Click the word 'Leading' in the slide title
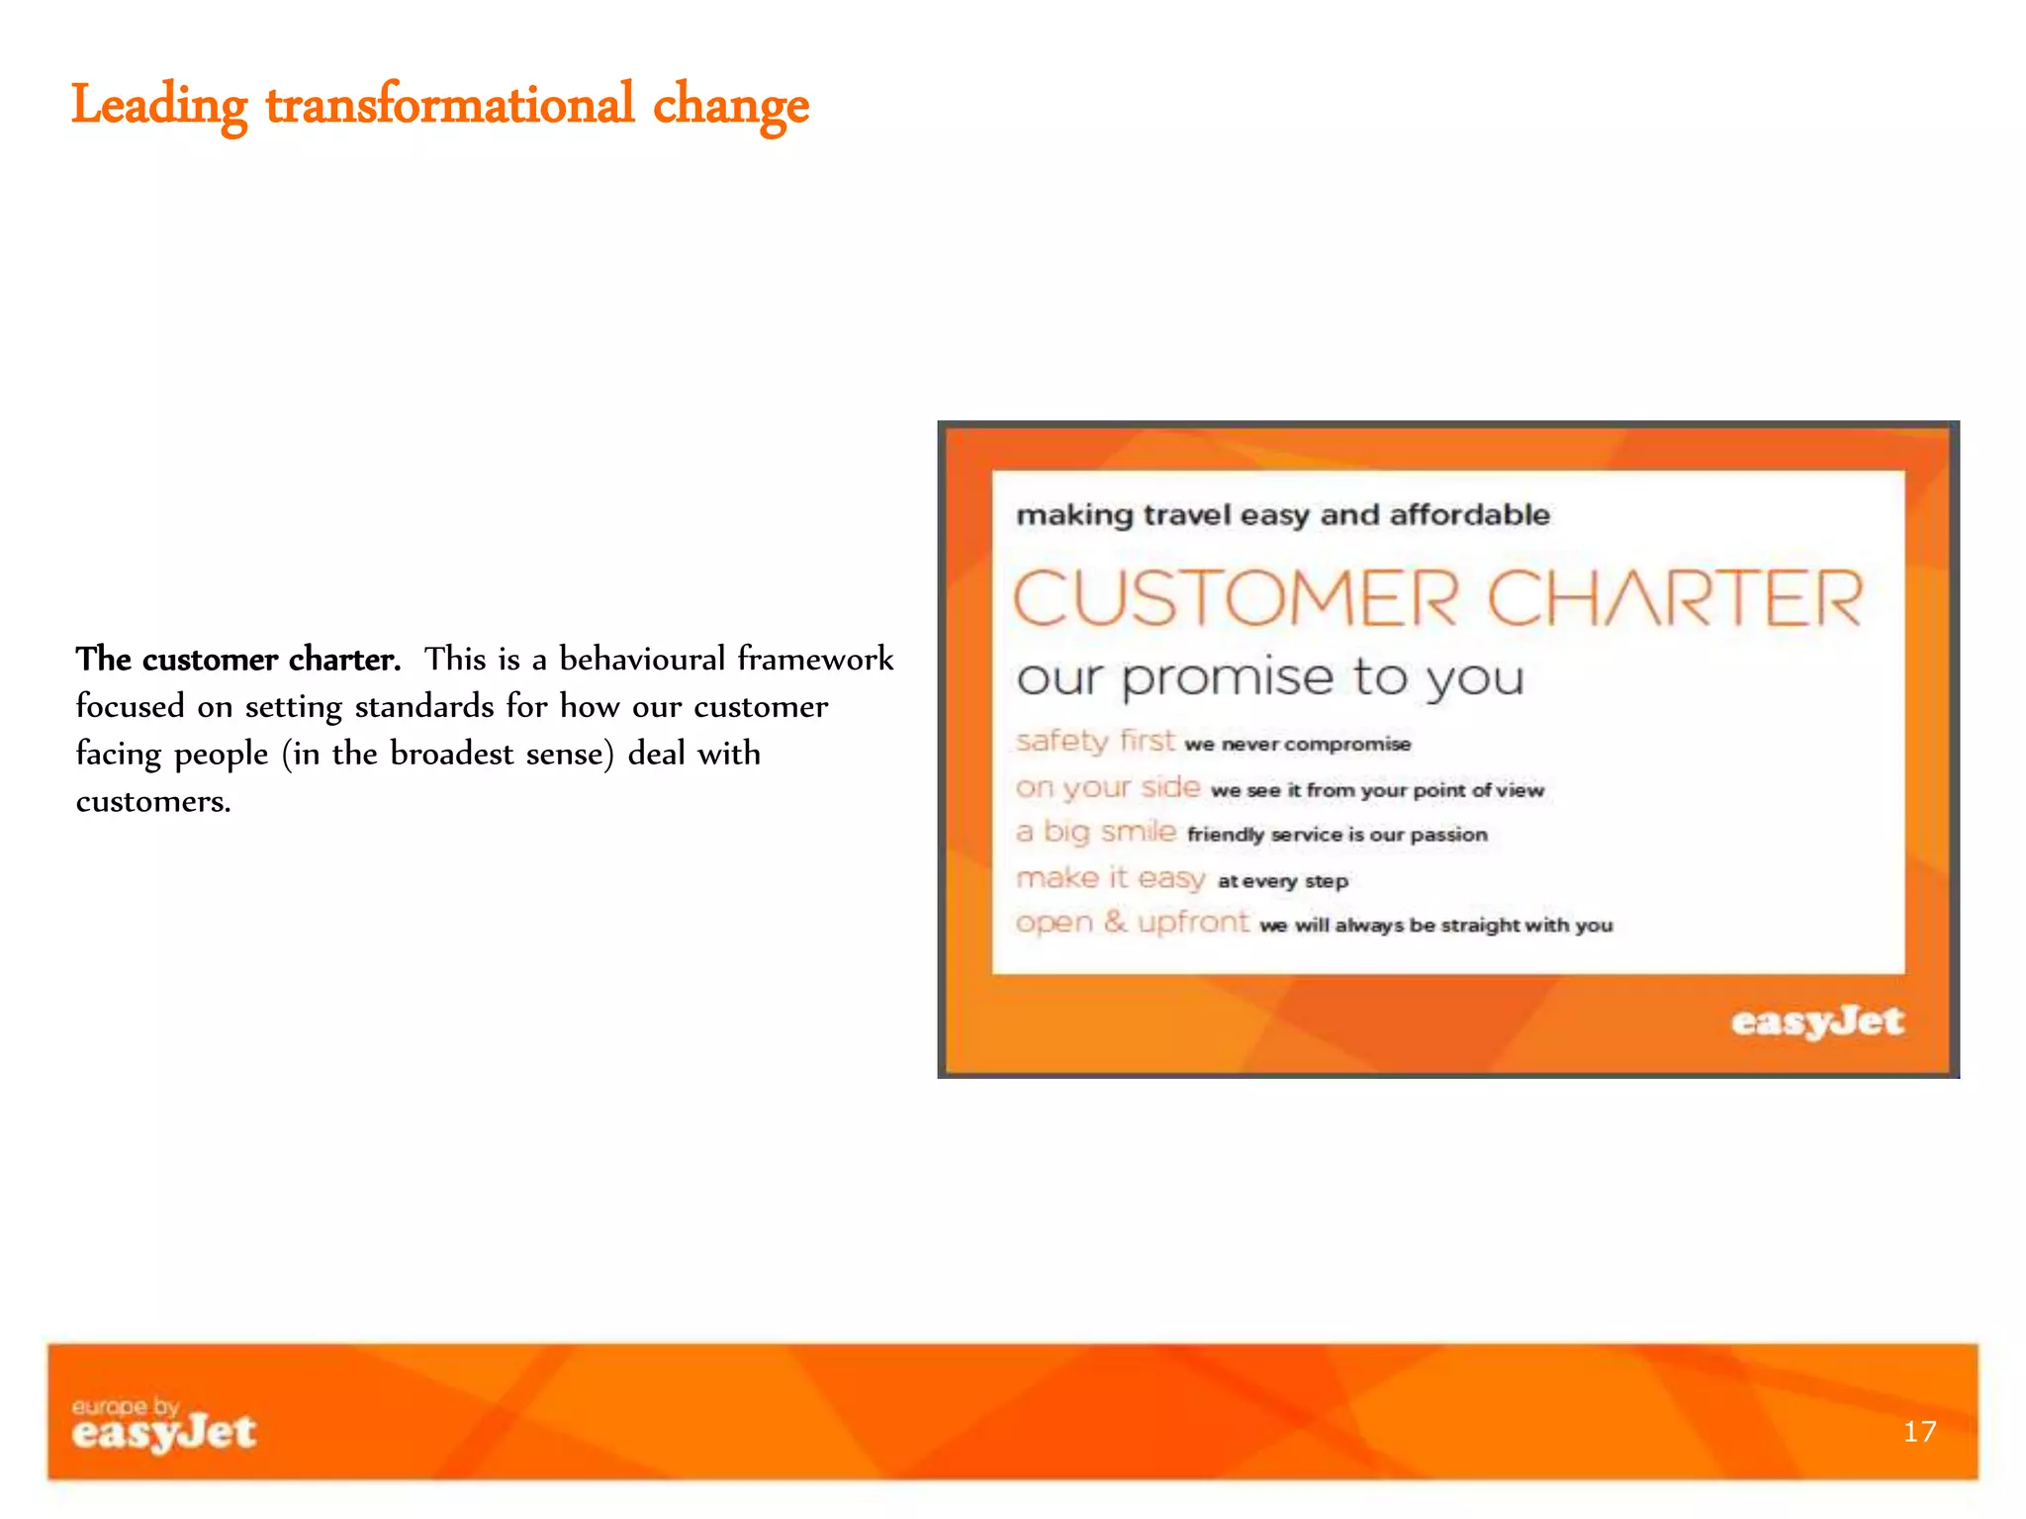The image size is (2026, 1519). [x=158, y=105]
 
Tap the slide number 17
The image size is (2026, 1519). [x=1919, y=1431]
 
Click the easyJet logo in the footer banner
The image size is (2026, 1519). [x=164, y=1433]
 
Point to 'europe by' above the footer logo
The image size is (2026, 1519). [x=125, y=1405]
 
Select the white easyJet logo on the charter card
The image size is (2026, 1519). [x=1816, y=1022]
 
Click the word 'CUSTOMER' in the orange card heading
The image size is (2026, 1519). [x=1236, y=598]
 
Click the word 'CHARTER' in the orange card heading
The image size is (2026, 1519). [x=1675, y=598]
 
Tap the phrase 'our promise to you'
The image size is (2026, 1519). [x=1270, y=678]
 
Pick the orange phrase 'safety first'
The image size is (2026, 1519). [x=1095, y=741]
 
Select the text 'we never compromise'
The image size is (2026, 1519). [x=1298, y=744]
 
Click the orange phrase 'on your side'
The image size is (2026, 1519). [x=1108, y=787]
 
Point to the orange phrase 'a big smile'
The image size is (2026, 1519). [x=1096, y=832]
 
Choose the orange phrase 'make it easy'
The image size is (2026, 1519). [x=1111, y=878]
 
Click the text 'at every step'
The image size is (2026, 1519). [x=1283, y=881]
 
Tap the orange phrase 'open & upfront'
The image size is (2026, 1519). [x=1133, y=923]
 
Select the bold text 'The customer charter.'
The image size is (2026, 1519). [x=238, y=660]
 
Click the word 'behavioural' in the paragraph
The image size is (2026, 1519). [x=642, y=659]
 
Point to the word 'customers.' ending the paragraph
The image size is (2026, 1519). [x=153, y=801]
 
